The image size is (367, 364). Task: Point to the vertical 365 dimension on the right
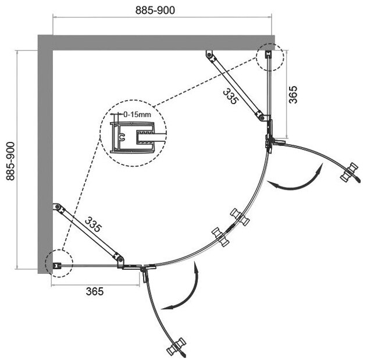(294, 94)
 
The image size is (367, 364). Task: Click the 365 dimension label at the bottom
(92, 292)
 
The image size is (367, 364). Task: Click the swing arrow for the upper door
(296, 181)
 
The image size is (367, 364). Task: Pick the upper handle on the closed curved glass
(239, 217)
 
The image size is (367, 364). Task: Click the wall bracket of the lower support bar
(57, 206)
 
